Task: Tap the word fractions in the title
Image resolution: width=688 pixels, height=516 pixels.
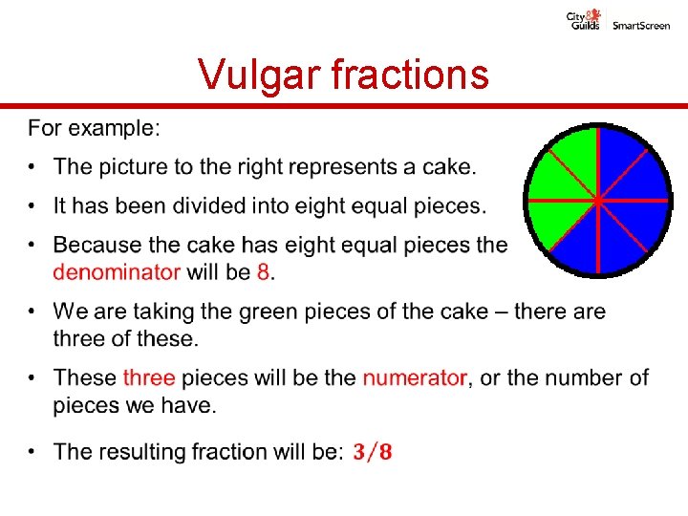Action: coord(410,74)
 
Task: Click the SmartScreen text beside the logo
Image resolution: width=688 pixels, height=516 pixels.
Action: coord(641,25)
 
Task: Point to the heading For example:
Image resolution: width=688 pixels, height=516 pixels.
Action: coord(94,127)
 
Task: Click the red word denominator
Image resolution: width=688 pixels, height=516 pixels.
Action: coord(117,271)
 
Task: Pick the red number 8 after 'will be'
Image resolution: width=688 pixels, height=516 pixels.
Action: coord(263,271)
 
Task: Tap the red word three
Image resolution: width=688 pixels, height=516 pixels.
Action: coord(149,377)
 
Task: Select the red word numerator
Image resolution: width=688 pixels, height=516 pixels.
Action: coord(415,377)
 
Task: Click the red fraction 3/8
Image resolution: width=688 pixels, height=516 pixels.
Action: coord(372,451)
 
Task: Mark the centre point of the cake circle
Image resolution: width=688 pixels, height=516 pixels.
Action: coord(597,201)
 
